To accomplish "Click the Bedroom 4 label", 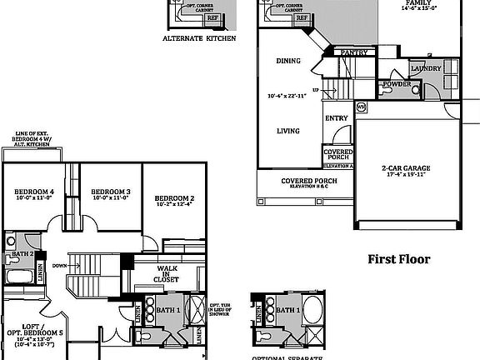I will click(x=35, y=192).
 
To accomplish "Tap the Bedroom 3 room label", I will click(x=110, y=192).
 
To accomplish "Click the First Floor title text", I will click(x=399, y=259).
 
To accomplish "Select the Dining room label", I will click(x=288, y=61).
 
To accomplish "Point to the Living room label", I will click(x=288, y=131).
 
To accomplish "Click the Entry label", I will click(x=336, y=118).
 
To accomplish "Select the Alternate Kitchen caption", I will click(x=198, y=38).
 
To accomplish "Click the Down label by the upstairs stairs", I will click(x=58, y=266).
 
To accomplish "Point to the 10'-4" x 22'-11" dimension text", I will click(x=287, y=96).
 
